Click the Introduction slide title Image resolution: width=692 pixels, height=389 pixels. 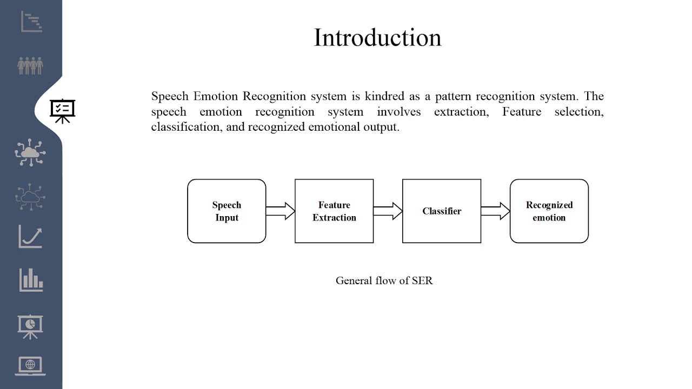(377, 38)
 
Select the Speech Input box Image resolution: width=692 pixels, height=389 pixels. (227, 211)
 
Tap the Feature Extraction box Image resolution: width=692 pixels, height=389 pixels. (334, 211)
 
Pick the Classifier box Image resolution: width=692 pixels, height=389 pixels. (442, 211)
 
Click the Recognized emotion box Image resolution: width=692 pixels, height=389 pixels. (549, 211)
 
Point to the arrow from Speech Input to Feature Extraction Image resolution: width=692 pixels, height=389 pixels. (280, 211)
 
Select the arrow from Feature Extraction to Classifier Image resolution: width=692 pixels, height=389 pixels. (388, 211)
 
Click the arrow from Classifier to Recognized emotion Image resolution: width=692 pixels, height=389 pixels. (495, 211)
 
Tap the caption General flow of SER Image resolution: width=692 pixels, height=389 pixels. (384, 280)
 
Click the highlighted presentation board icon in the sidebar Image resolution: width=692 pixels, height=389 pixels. (63, 111)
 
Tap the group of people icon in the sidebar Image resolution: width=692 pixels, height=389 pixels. (30, 66)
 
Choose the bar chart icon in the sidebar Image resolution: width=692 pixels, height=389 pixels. (31, 279)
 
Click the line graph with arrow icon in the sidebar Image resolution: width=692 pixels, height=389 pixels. (30, 237)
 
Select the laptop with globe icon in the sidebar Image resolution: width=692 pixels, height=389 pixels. (30, 366)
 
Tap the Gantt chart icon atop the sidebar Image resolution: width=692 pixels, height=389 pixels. (31, 22)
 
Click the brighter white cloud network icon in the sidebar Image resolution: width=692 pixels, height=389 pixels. (30, 152)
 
